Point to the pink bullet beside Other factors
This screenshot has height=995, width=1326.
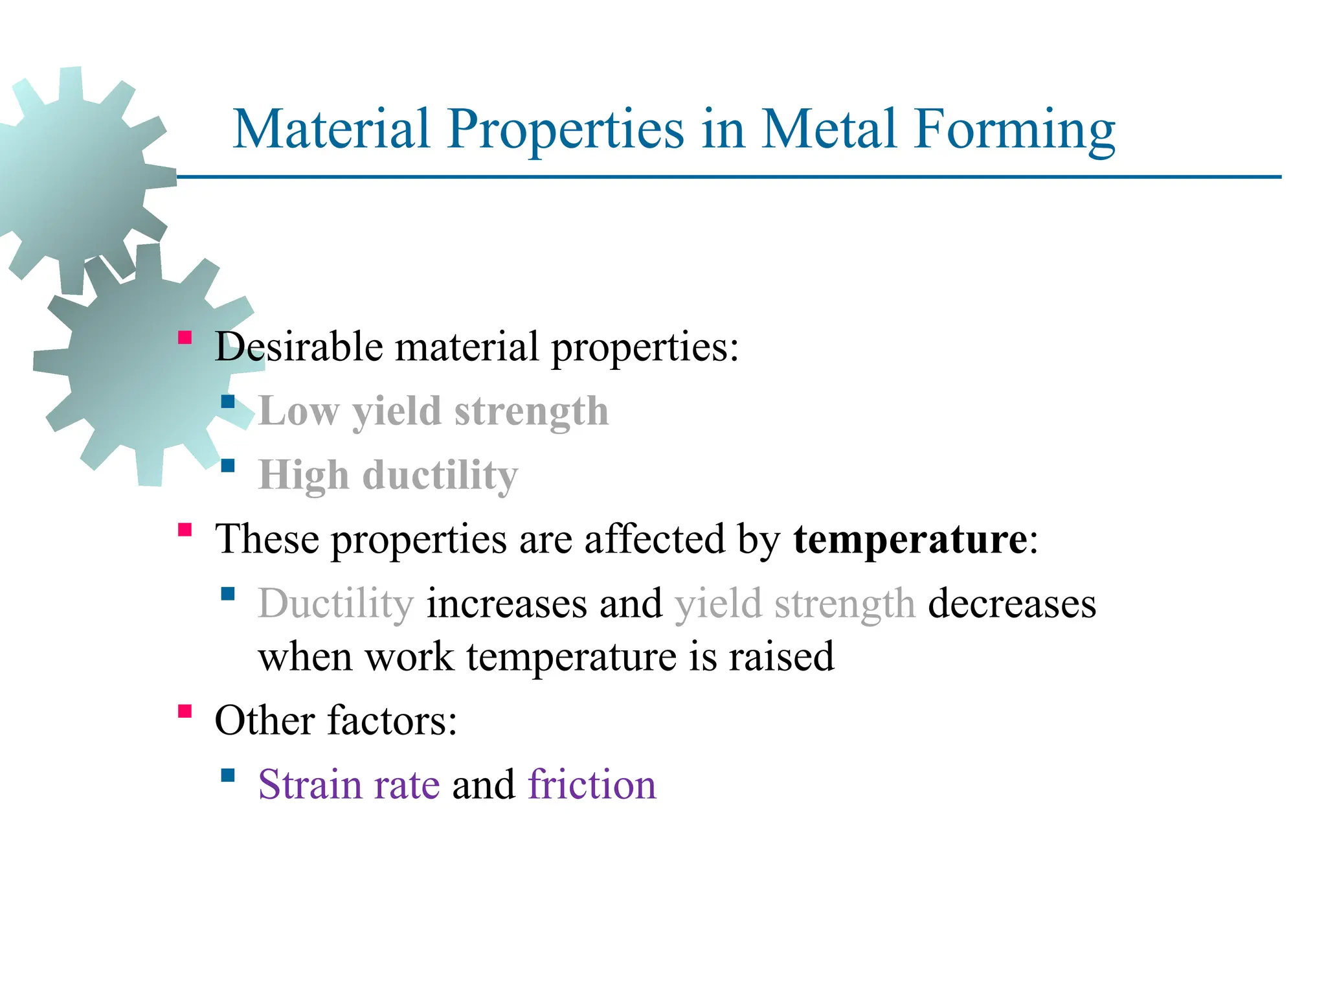coord(185,711)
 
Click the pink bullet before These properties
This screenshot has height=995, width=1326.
coord(185,530)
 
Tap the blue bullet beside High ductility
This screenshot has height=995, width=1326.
coord(228,465)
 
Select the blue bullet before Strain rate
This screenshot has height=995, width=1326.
coord(228,775)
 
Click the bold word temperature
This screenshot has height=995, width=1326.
coord(910,539)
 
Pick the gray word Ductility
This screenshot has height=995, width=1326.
coord(335,604)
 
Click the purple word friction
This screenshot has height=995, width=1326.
coord(592,784)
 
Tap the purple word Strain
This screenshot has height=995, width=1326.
coord(309,784)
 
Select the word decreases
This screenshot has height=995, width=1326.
coord(1011,604)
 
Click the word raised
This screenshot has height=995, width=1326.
coord(781,656)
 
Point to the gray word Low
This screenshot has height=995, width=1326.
coord(298,411)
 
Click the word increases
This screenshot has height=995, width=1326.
coord(506,604)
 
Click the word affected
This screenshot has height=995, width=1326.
coord(654,539)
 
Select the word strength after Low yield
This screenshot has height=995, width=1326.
coord(531,411)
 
